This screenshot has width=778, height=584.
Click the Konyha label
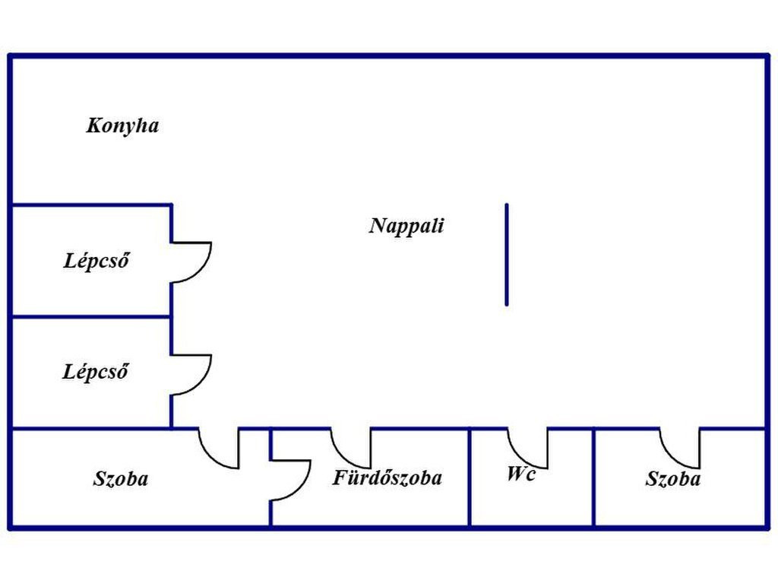tap(122, 125)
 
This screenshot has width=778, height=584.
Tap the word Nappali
tap(406, 226)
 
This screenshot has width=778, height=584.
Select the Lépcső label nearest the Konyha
tap(96, 262)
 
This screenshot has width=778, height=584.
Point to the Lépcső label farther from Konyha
tap(96, 373)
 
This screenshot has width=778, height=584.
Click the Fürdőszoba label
tap(387, 478)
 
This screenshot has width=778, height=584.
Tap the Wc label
tap(521, 474)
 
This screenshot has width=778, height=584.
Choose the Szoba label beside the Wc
tap(673, 479)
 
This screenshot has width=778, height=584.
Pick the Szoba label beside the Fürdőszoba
tap(121, 479)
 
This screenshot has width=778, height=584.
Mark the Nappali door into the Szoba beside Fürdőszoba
tap(220, 451)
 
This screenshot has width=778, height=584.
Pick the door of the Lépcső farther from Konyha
tap(193, 374)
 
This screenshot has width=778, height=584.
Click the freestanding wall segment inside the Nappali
tap(507, 255)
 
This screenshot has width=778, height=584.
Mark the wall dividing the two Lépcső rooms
tap(91, 316)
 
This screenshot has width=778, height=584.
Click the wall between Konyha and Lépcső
tap(91, 205)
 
